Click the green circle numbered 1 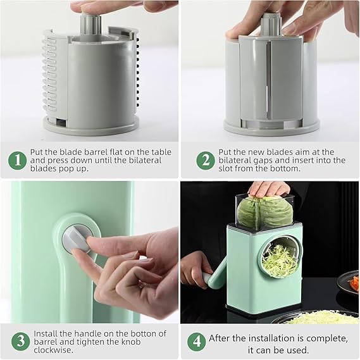tap(17, 160)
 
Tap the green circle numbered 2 tap(204, 160)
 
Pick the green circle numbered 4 tap(196, 342)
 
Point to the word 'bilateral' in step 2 tap(237, 161)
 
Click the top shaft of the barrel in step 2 tap(271, 25)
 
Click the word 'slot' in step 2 tap(229, 170)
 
